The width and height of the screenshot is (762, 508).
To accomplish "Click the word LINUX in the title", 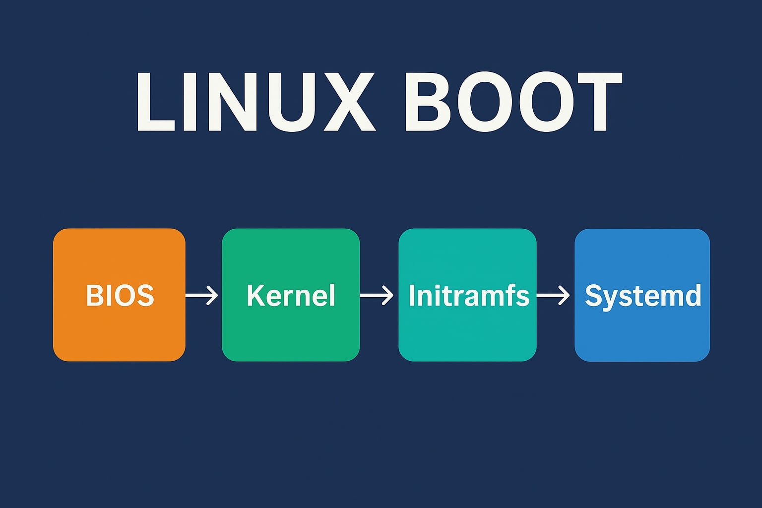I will pos(255,102).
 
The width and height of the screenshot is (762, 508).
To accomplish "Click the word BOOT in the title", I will pos(512,102).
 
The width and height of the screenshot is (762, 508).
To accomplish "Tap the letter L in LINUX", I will pos(154,102).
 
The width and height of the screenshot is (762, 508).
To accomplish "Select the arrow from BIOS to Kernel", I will pos(202,295).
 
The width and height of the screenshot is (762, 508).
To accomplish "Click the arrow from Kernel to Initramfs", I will pos(377,295).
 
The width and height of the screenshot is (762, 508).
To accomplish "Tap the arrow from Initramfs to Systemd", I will pos(554,295).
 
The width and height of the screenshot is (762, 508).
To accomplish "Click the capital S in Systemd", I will pos(593,295).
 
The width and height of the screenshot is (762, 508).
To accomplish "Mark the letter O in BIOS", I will pos(124,295).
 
